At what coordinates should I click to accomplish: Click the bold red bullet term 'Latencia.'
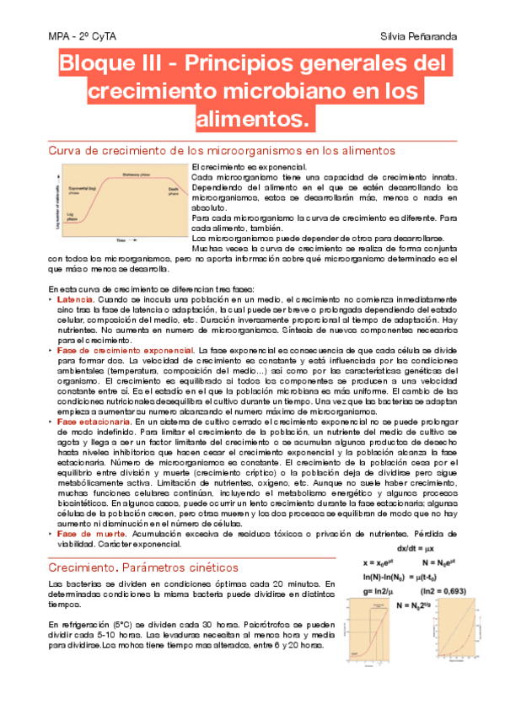click(75, 299)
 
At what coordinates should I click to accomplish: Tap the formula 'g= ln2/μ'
click(382, 591)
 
